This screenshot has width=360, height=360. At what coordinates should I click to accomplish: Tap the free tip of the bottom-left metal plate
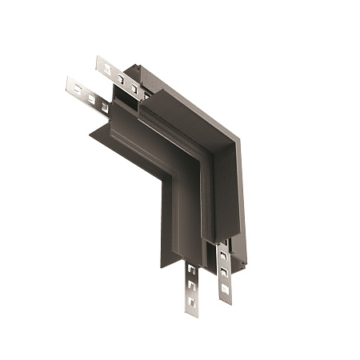(x=192, y=313)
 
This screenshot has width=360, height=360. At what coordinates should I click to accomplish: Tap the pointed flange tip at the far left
(x=86, y=127)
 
